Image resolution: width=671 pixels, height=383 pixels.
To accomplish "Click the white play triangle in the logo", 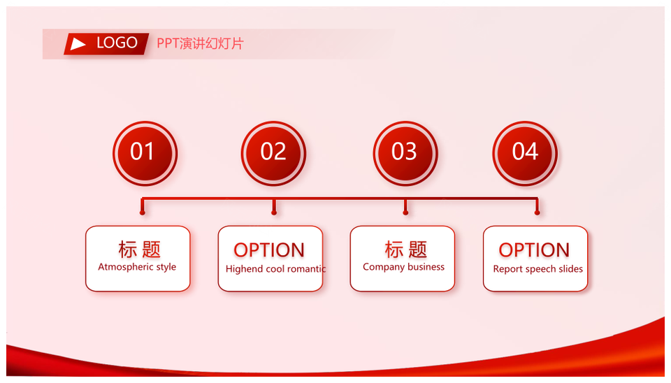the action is (x=78, y=43).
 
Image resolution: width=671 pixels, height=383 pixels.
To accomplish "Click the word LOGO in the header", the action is (x=117, y=43).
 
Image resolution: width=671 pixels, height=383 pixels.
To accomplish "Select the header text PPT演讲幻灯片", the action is (x=200, y=43).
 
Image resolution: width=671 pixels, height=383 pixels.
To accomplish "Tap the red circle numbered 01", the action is (x=145, y=153).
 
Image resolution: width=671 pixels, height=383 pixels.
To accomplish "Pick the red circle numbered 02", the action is (x=273, y=153).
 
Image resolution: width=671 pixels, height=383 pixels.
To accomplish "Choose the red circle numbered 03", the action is (x=405, y=153).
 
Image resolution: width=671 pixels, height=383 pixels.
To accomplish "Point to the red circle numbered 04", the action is (x=525, y=153).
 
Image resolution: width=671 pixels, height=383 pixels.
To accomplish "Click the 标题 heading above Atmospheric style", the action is (x=140, y=250).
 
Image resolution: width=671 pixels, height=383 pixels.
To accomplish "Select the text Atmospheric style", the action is (x=137, y=267).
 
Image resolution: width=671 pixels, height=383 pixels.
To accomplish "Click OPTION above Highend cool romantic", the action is (x=269, y=250).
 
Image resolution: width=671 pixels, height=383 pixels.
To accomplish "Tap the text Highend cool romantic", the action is (x=275, y=269).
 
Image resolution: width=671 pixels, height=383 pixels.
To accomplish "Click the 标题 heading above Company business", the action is (x=406, y=250).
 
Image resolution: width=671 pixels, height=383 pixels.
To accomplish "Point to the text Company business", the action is (x=403, y=267).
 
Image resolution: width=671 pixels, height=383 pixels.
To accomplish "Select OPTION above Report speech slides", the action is (x=534, y=250).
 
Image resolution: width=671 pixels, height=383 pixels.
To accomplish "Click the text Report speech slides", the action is (x=538, y=269).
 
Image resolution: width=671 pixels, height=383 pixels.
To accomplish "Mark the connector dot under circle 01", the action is (x=143, y=212).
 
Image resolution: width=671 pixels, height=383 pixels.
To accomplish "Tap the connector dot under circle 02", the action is (x=274, y=212).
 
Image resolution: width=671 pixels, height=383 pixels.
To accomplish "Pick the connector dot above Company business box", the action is (x=405, y=212).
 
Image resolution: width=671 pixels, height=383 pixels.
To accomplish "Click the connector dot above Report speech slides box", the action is (x=537, y=212).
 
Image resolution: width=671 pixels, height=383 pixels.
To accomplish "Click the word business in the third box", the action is (x=426, y=266).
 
